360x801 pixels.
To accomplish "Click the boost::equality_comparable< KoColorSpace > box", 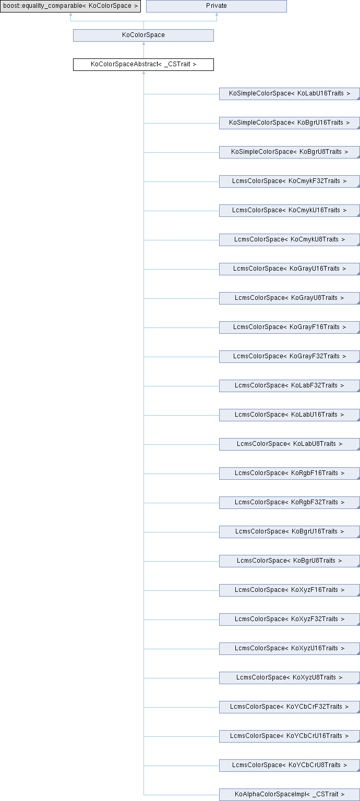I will pos(70,6).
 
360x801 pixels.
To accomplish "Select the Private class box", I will pos(216,6).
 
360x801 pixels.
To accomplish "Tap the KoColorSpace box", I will pos(143,35).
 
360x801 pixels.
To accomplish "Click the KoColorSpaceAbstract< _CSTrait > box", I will pos(143,65).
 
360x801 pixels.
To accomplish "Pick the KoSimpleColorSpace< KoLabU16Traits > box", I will pos(289,94).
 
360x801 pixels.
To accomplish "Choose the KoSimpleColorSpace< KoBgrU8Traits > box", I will pos(289,152).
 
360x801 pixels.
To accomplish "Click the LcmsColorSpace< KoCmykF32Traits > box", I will pos(289,181).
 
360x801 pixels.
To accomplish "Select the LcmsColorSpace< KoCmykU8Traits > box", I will pos(289,240).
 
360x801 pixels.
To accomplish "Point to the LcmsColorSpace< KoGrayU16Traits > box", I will pos(289,269).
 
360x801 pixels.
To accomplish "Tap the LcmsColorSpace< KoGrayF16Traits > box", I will pos(289,327).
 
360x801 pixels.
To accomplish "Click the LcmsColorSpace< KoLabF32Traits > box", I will pos(289,386).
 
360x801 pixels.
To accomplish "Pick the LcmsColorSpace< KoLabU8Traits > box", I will pos(289,444).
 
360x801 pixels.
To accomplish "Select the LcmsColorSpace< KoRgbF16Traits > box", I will pos(289,474).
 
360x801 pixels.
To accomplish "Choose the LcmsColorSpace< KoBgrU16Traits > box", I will pos(289,532).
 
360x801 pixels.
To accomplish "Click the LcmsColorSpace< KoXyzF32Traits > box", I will pos(289,620).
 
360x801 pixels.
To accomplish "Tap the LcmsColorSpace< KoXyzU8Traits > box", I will pos(289,678).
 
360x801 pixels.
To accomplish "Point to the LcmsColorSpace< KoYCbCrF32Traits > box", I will pos(289,707).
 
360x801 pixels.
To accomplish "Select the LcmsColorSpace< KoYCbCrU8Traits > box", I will pos(289,766).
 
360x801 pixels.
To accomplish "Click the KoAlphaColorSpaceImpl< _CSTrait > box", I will pos(289,795).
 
